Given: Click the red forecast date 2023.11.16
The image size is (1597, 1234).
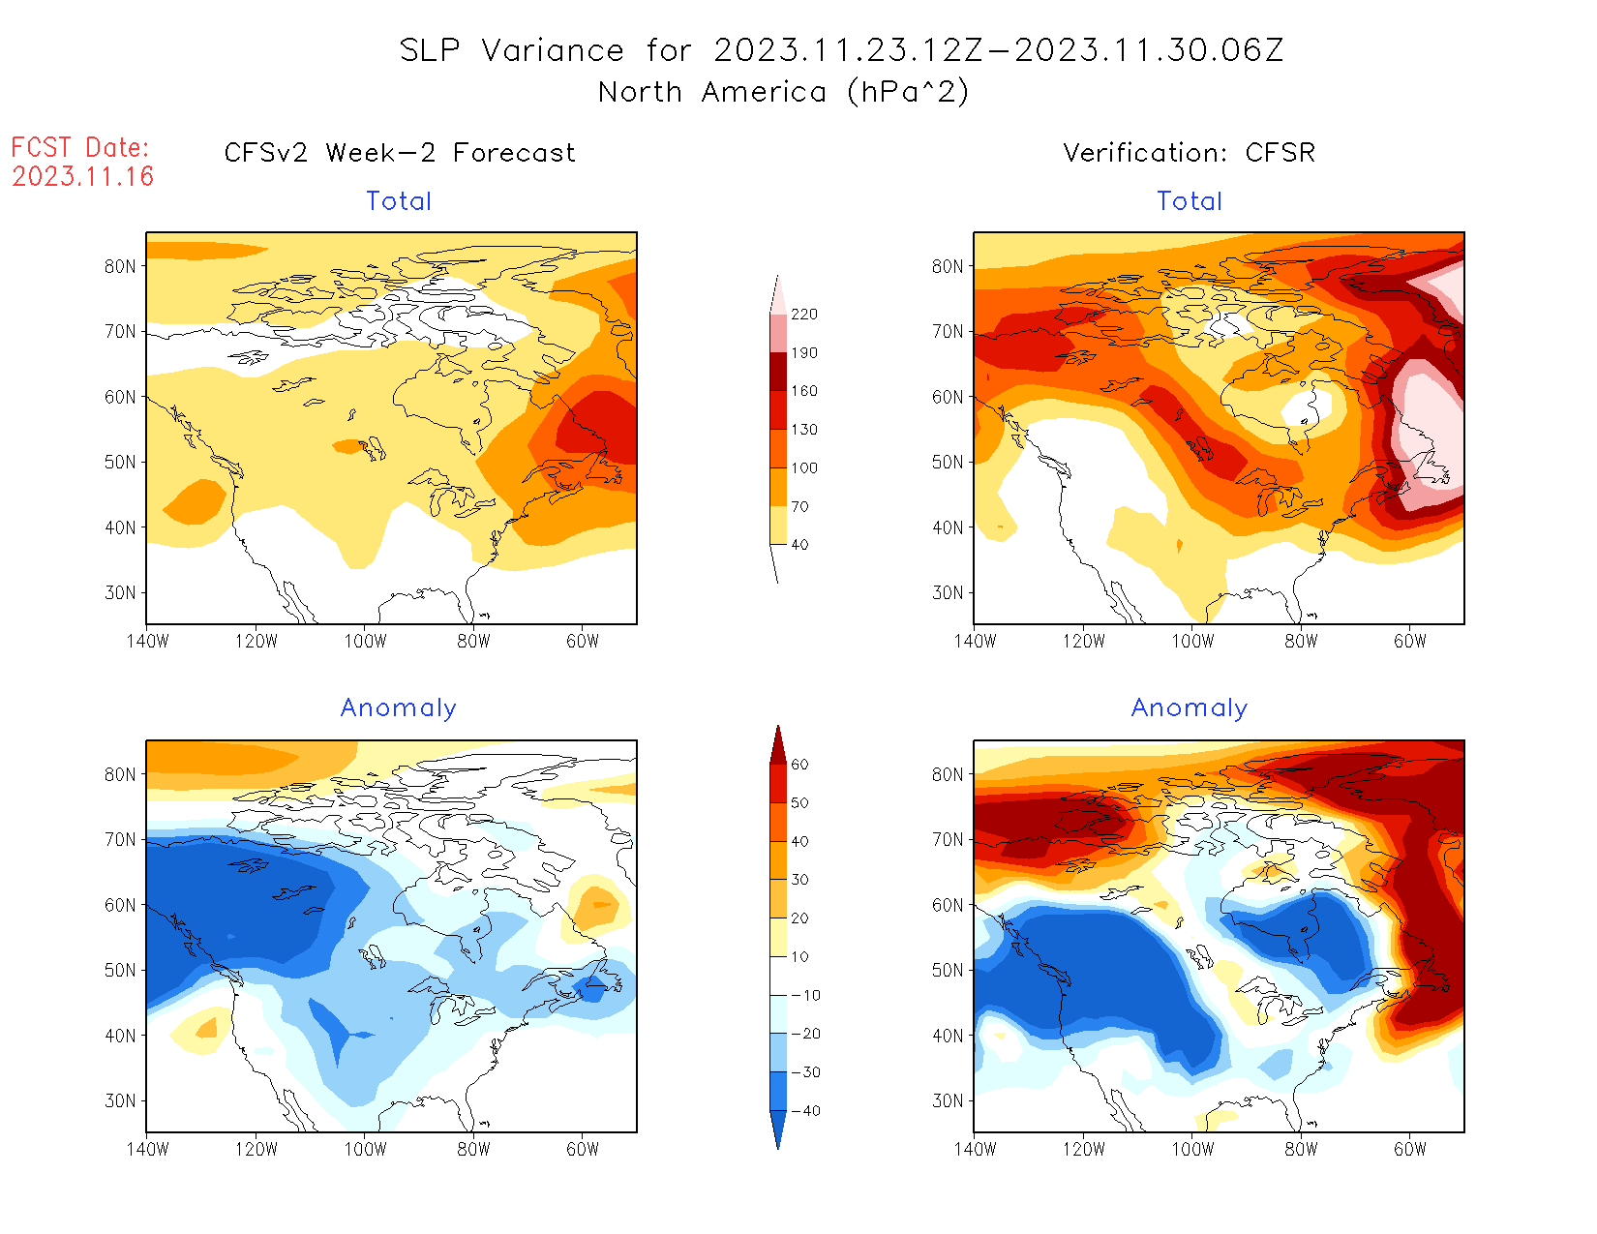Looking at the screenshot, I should click(x=83, y=176).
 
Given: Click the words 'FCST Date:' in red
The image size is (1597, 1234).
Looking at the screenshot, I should click(x=80, y=148).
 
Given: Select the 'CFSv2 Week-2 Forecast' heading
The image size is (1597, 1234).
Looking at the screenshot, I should click(x=400, y=153).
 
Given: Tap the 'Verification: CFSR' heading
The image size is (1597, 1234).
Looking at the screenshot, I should click(x=1189, y=153).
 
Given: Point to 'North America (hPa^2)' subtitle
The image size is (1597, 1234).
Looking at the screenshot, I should click(x=783, y=92).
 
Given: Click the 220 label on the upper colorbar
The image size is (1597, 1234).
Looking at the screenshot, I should click(x=803, y=315).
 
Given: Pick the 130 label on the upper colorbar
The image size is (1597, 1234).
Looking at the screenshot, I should click(x=803, y=430).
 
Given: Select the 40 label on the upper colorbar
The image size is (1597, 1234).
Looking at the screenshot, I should click(x=799, y=545).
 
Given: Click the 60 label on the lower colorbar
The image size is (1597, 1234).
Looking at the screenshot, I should click(x=799, y=765).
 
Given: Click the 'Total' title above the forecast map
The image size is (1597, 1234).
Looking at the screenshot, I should click(x=399, y=201).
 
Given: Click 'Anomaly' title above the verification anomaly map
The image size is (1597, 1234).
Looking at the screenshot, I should click(x=1190, y=708).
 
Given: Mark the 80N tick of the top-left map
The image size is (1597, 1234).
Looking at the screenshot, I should click(x=120, y=267).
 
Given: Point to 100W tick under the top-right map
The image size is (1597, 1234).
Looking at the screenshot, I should click(x=1192, y=641).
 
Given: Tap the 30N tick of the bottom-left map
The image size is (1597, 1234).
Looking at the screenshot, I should click(x=120, y=1101).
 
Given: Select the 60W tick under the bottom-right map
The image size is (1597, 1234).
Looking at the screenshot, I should click(x=1410, y=1149).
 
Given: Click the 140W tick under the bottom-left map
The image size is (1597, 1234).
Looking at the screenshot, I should click(x=147, y=1149).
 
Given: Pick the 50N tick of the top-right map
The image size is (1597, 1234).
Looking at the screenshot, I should click(x=948, y=463).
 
